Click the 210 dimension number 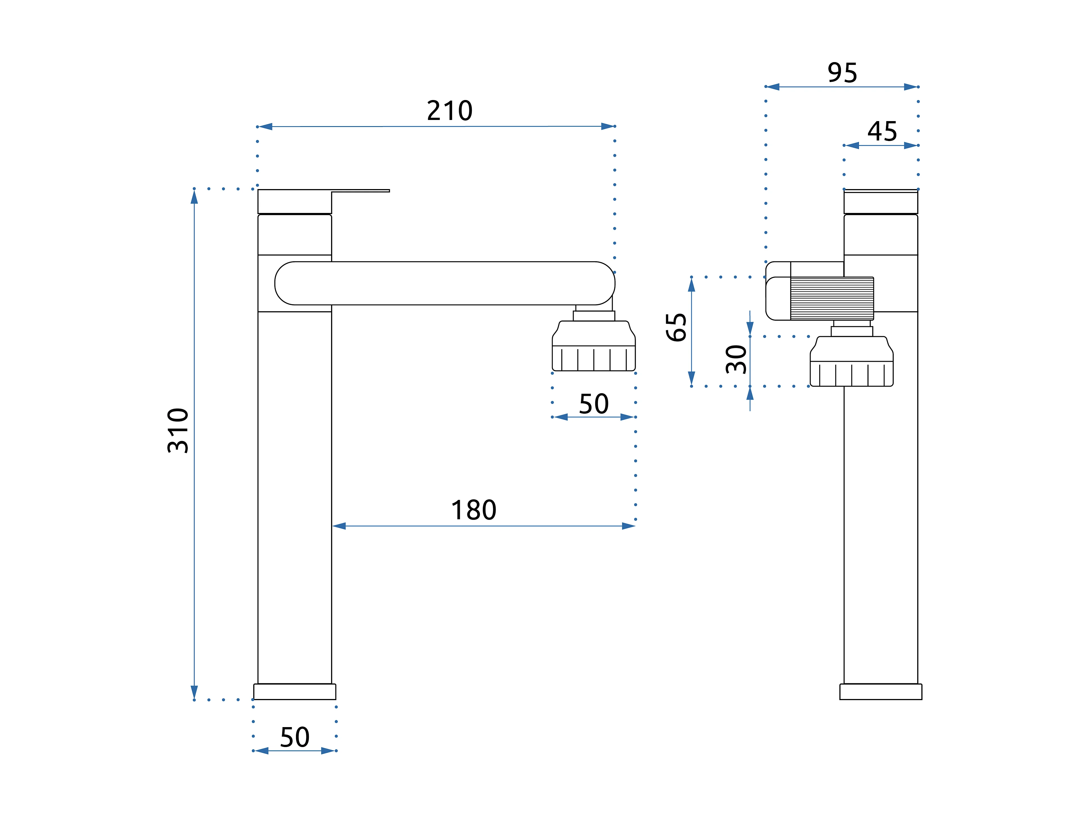click(x=449, y=111)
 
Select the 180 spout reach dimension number click(x=474, y=510)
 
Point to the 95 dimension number click(x=842, y=73)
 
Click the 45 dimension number click(x=882, y=131)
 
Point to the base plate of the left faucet click(x=295, y=691)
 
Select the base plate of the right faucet click(x=881, y=691)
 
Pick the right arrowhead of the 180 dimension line click(x=628, y=526)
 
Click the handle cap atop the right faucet click(x=881, y=202)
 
